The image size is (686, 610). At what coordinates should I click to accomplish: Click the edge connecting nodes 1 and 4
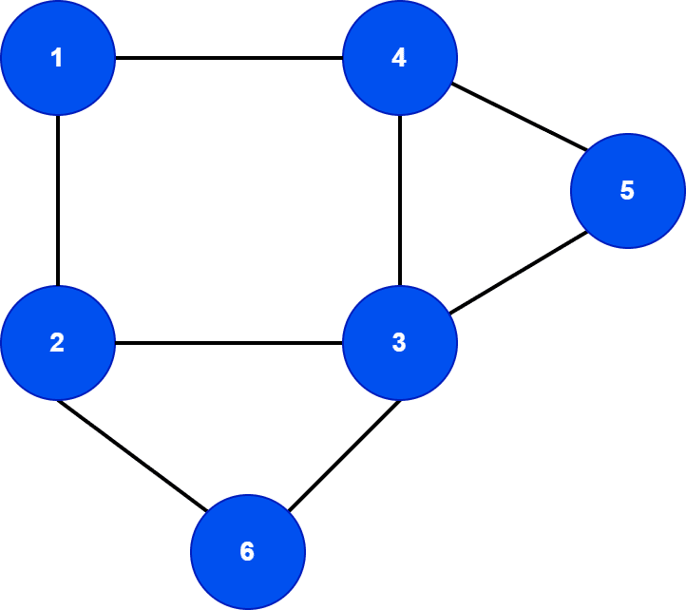pyautogui.click(x=228, y=58)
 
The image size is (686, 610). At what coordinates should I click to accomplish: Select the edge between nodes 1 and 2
pyautogui.click(x=58, y=200)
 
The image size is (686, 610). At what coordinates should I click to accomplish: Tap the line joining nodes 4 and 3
pyautogui.click(x=400, y=200)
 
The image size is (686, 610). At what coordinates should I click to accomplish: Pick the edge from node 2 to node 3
pyautogui.click(x=228, y=343)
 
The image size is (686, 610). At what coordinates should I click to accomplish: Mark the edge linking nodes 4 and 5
pyautogui.click(x=518, y=119)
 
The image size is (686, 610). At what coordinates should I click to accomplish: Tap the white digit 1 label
pyautogui.click(x=57, y=58)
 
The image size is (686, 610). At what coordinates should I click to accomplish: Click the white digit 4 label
pyautogui.click(x=399, y=58)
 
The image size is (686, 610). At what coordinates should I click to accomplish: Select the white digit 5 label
pyautogui.click(x=627, y=191)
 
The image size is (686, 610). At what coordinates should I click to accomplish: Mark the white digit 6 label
pyautogui.click(x=247, y=552)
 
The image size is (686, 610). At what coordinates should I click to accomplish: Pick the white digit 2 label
pyautogui.click(x=57, y=343)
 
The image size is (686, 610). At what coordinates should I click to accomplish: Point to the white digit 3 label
pyautogui.click(x=399, y=343)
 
